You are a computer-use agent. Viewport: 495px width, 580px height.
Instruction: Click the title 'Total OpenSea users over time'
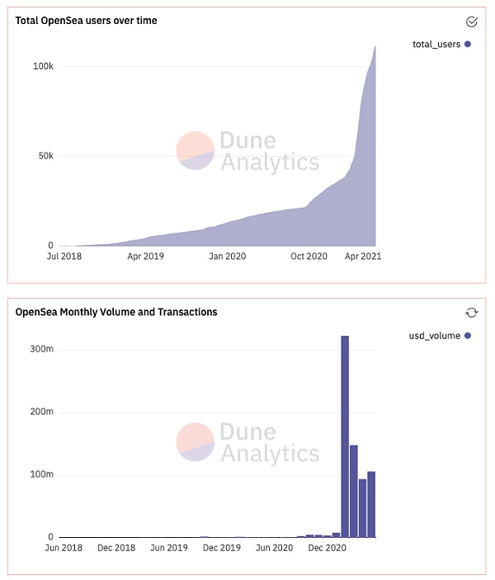(x=87, y=21)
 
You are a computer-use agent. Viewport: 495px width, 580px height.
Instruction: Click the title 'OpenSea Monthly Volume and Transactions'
(x=116, y=312)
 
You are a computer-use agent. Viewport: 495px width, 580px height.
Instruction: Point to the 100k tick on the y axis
(x=43, y=66)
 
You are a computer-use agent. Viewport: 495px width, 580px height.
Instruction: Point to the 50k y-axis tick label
(x=45, y=156)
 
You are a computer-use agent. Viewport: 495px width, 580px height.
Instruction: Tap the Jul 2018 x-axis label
(x=64, y=257)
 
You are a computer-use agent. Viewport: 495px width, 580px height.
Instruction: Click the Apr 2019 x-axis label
(x=146, y=257)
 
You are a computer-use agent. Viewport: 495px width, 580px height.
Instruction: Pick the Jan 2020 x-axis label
(x=228, y=257)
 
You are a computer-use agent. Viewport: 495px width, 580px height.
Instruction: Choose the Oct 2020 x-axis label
(x=309, y=257)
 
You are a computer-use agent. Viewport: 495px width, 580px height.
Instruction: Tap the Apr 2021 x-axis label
(x=363, y=257)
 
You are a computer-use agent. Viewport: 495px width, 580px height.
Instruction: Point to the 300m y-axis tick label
(x=41, y=350)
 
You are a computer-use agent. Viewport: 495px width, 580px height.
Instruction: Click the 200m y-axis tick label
(x=41, y=413)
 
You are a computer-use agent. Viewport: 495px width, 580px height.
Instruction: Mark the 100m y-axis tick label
(x=41, y=475)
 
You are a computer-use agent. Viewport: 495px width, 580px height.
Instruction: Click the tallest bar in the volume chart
(x=345, y=437)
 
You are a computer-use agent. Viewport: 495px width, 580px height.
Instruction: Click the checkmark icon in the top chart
(x=472, y=21)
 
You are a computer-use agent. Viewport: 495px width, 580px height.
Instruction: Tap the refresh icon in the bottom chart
(x=472, y=312)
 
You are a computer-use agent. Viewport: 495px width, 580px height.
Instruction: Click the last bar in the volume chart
(x=371, y=504)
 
